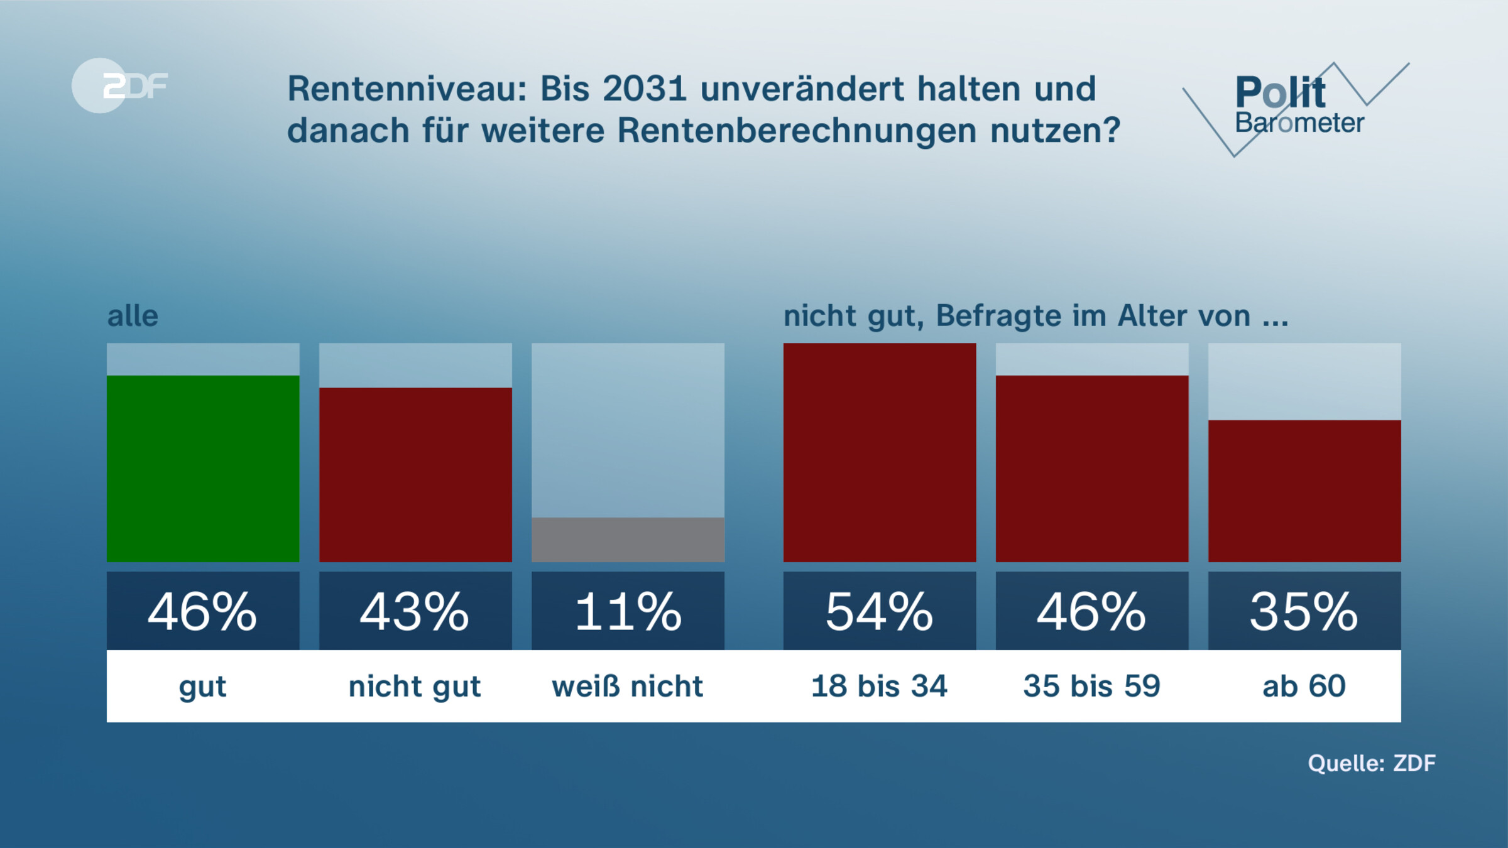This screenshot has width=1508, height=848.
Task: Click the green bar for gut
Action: [203, 468]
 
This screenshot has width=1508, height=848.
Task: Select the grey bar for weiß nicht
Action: [628, 539]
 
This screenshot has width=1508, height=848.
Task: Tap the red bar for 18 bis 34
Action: [879, 452]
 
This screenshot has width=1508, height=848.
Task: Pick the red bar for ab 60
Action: [1304, 491]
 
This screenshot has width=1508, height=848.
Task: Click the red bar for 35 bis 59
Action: [1092, 468]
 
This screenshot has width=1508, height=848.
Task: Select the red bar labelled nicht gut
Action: [415, 474]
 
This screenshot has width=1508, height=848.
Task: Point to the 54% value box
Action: [879, 611]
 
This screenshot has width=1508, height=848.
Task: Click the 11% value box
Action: [628, 611]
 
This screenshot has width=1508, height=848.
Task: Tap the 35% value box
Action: [1304, 611]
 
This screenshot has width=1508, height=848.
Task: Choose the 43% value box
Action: [415, 611]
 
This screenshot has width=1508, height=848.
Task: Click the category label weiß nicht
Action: [628, 686]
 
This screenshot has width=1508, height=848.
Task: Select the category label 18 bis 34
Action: [879, 686]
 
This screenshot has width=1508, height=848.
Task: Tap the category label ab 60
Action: [1304, 686]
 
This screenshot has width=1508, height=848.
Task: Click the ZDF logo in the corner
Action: [119, 85]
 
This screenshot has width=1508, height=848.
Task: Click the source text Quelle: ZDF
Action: [1371, 763]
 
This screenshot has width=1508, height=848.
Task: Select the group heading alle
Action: [133, 316]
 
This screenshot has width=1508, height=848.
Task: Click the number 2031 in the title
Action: [644, 89]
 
